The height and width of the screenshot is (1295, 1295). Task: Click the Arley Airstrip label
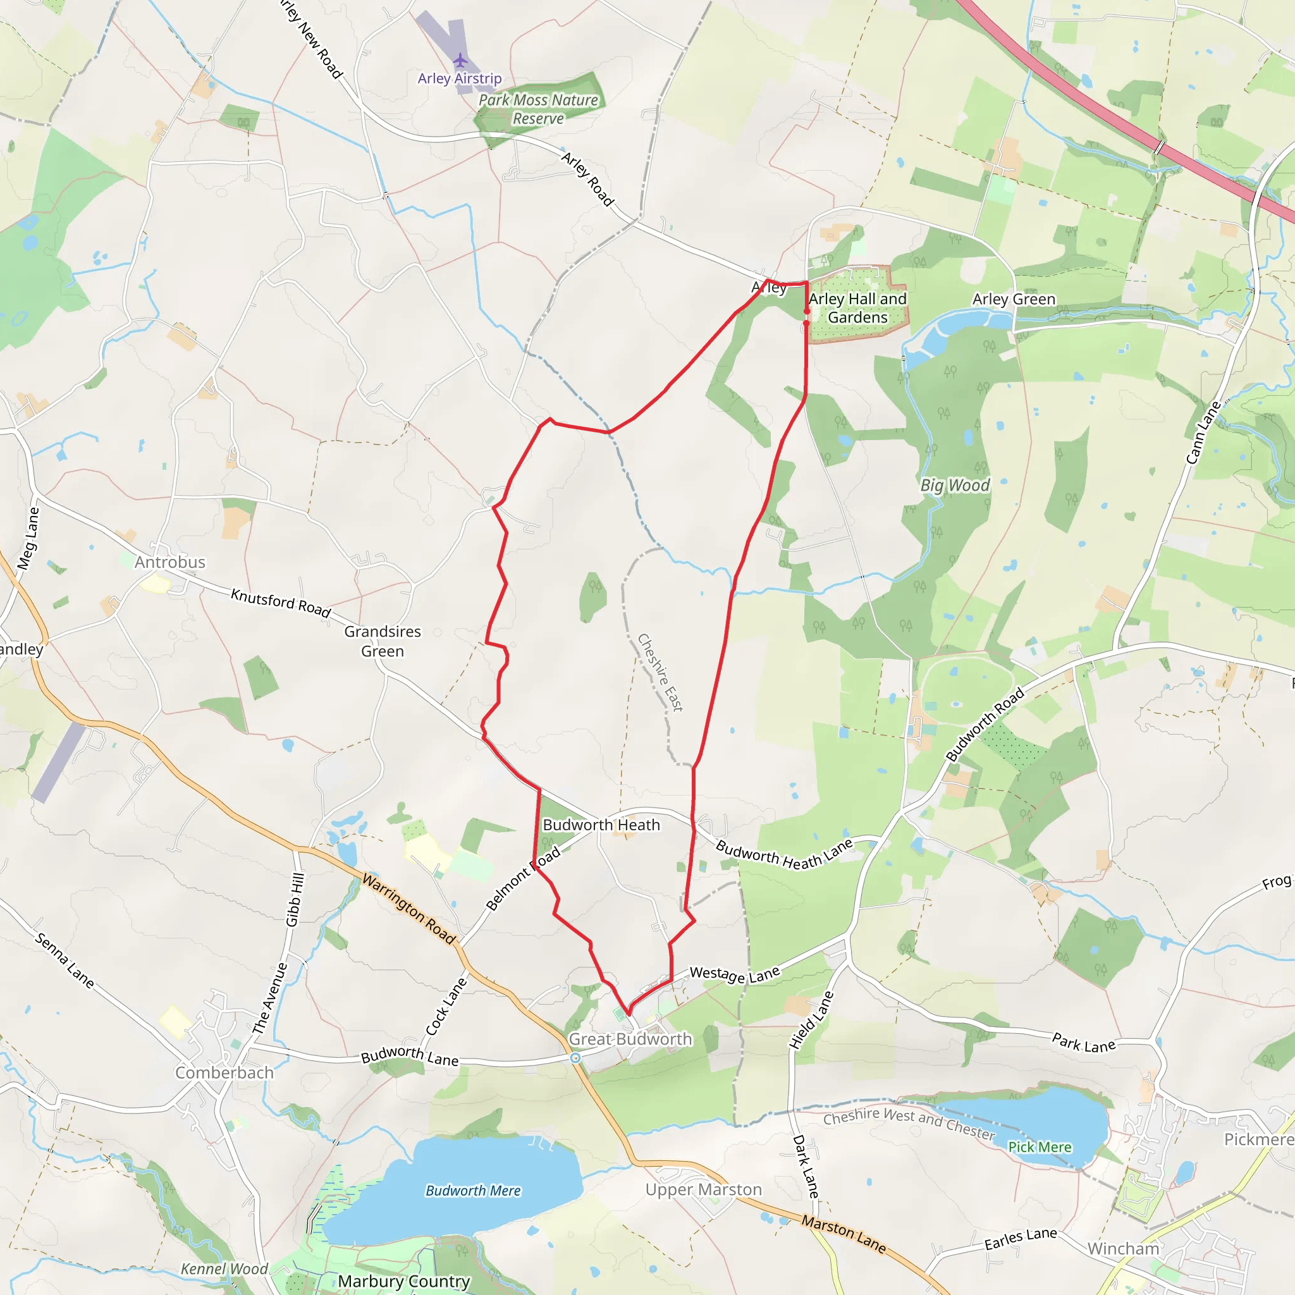459,78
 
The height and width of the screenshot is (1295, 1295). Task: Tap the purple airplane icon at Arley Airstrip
460,60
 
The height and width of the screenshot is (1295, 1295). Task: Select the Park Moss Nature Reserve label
538,109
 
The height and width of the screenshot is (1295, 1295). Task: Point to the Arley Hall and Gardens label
857,309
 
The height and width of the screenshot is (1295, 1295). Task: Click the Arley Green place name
1014,299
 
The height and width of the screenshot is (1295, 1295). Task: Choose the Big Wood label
954,485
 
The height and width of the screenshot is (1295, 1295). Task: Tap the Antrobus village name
170,562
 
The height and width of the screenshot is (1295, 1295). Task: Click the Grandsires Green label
383,641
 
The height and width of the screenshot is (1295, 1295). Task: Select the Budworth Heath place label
601,825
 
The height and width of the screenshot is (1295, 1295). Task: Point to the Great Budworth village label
630,1039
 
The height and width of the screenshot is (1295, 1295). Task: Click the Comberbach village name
224,1072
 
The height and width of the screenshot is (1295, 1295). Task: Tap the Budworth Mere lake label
473,1191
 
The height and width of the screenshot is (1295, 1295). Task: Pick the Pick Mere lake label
1040,1147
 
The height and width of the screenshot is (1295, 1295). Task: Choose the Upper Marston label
704,1189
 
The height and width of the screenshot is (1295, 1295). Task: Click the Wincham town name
1124,1249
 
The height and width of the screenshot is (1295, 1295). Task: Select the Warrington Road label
409,908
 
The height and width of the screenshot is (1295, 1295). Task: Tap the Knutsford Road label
281,603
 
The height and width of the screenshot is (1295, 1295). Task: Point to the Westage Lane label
735,974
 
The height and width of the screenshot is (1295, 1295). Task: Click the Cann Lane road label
1204,433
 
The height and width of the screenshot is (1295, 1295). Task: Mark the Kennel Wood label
224,1269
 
